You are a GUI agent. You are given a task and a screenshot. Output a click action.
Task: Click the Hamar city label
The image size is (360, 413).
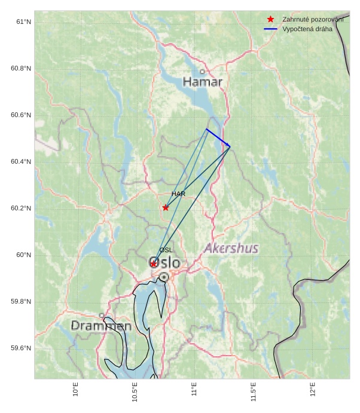coord(203,82)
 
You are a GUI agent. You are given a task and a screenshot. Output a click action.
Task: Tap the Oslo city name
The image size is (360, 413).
coord(164,262)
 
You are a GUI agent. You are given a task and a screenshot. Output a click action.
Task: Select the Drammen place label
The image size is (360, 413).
coord(101,326)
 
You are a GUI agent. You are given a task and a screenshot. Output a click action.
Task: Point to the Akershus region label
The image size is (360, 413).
coord(231,248)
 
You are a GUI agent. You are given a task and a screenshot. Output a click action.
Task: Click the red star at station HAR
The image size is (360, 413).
coord(166,207)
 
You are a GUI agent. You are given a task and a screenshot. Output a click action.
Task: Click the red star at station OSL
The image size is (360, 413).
coord(154,264)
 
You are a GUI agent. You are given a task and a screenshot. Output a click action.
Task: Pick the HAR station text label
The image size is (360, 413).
coord(178,194)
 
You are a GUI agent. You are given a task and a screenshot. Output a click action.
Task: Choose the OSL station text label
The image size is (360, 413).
coord(166,250)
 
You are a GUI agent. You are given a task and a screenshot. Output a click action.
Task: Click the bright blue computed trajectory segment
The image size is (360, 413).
coord(218,137)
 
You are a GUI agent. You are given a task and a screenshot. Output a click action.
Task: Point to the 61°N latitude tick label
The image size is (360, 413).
coord(23,22)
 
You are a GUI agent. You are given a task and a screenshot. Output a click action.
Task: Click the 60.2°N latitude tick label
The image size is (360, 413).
coord(21,209)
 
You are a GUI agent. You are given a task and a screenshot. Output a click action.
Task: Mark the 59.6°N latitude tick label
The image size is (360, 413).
coord(21,348)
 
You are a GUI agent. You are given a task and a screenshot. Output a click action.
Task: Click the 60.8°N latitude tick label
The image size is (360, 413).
coord(21,69)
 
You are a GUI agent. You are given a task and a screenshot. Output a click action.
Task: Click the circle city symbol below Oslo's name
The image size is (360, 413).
coord(164,277)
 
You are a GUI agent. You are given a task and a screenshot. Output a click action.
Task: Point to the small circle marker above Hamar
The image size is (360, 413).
coord(202,72)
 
